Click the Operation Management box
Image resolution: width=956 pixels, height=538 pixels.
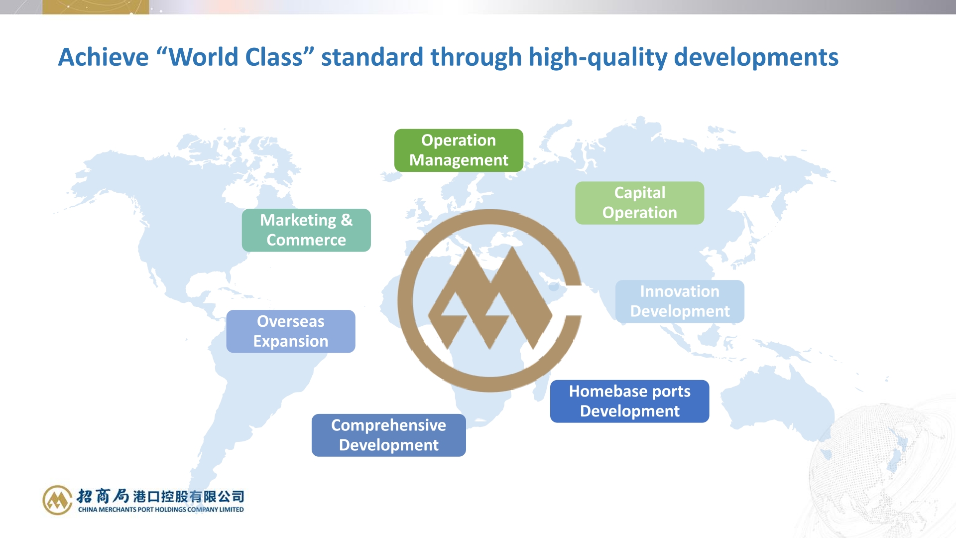tap(459, 150)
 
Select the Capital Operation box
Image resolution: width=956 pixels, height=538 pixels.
tap(639, 203)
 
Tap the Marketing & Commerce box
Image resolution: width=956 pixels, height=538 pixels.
tap(306, 230)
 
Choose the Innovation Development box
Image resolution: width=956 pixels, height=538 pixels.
tap(680, 301)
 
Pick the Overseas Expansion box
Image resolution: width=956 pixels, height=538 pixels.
tap(291, 331)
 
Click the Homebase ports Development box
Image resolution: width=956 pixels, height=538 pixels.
tap(629, 401)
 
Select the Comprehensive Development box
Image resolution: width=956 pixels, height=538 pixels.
tap(389, 435)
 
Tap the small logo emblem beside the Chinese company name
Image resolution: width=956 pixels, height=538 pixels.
tap(57, 500)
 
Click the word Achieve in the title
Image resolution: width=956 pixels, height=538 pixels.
tap(104, 57)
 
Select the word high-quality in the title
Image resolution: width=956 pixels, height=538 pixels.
tap(598, 58)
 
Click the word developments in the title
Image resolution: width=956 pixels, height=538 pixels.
tap(756, 58)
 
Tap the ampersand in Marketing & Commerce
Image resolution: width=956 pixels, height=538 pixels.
tap(347, 220)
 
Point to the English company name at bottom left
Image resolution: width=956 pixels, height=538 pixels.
tap(161, 509)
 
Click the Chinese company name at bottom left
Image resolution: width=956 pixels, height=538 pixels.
tap(160, 496)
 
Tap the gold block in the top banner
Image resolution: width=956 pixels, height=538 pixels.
tap(96, 7)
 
